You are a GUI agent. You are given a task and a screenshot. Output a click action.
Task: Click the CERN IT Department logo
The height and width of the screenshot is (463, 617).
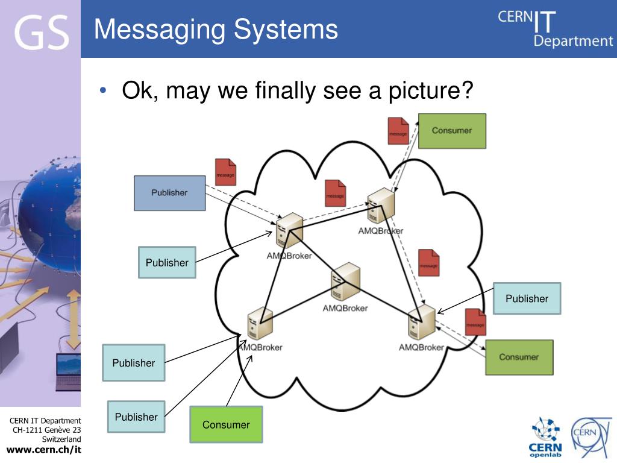pyautogui.click(x=554, y=29)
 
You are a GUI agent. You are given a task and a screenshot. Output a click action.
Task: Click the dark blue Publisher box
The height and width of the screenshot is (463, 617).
pyautogui.click(x=169, y=193)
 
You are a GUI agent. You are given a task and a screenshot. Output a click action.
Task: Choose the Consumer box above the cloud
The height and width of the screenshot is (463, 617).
pyautogui.click(x=451, y=131)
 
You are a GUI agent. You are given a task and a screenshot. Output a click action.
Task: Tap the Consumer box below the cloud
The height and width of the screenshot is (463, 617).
pyautogui.click(x=226, y=424)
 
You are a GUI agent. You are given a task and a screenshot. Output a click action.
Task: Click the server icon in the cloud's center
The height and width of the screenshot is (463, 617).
pyautogui.click(x=345, y=282)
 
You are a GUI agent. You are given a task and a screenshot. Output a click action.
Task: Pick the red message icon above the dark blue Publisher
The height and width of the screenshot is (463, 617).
pyautogui.click(x=225, y=172)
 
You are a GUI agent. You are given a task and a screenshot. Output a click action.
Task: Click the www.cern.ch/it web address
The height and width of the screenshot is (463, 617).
pyautogui.click(x=43, y=450)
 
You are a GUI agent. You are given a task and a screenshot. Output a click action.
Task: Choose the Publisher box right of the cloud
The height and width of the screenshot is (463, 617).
pyautogui.click(x=527, y=298)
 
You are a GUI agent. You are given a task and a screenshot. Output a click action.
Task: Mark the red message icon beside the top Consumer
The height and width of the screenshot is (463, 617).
pyautogui.click(x=398, y=131)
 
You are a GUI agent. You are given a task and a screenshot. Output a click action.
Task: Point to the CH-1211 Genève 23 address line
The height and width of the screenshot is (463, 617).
pyautogui.click(x=47, y=430)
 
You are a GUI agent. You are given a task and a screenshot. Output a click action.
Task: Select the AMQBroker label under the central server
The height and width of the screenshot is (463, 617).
pyautogui.click(x=345, y=308)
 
